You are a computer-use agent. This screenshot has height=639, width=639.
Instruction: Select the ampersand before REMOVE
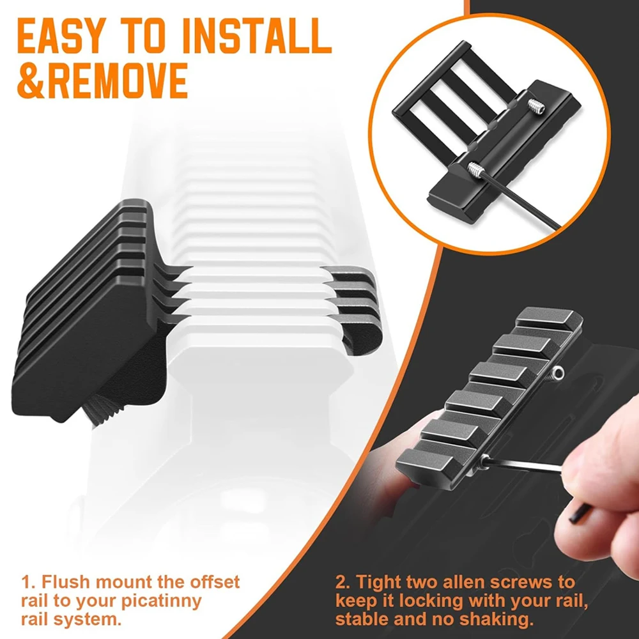click(32, 81)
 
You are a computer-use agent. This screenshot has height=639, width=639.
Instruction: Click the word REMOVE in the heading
click(118, 81)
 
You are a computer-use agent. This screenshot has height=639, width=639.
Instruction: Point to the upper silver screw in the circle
click(536, 106)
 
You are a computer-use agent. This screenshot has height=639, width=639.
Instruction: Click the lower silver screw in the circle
click(475, 169)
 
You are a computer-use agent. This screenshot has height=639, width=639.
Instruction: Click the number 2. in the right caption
click(344, 581)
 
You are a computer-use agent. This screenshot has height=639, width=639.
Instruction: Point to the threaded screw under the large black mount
click(104, 411)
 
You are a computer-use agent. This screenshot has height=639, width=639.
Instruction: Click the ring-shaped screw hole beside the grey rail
click(558, 372)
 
